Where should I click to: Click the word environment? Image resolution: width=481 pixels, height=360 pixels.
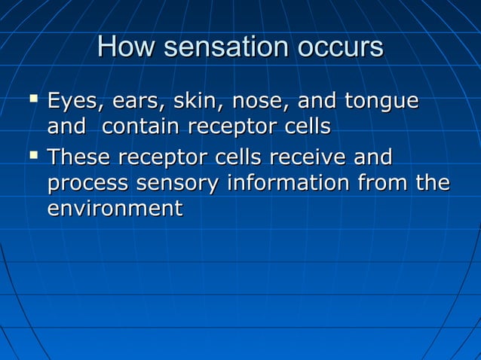pos(115,209)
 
